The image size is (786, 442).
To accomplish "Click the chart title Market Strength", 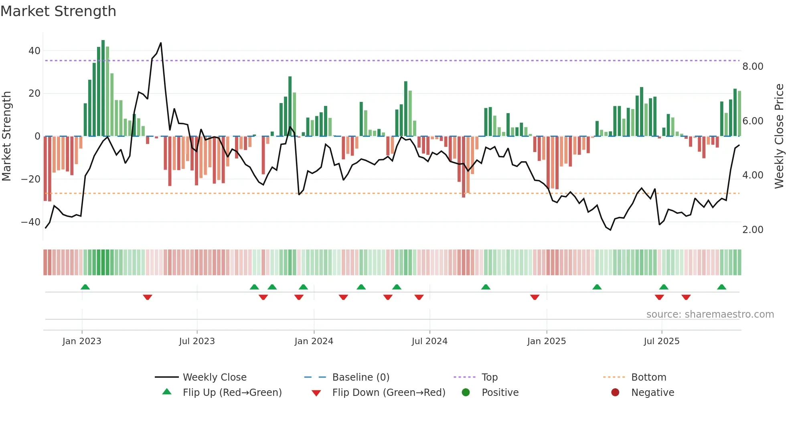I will pos(58,11).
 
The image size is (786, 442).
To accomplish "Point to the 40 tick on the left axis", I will pos(34,51).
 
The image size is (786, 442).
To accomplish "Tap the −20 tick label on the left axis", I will pos(31,179).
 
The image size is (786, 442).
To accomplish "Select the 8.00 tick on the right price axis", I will pos(752,67).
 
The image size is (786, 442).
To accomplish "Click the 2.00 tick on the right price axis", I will pos(752,230).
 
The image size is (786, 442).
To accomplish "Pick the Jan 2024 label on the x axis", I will pos(314,341).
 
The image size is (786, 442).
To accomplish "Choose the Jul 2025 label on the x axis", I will pos(661,341).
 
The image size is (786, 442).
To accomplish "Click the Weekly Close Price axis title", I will pos(779,136).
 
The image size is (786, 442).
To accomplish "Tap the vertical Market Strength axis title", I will pos(6,136).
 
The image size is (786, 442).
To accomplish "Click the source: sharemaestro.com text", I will pos(710,314).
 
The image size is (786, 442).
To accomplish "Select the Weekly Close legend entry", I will pos(215,377).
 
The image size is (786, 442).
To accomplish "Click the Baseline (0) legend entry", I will pos(361,377).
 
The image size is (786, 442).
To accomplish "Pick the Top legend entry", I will pos(489,377).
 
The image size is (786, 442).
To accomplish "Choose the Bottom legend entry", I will pos(648,377).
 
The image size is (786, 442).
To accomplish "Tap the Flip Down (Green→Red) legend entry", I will pos(388,393).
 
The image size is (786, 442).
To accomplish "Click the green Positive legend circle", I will pos(466,393).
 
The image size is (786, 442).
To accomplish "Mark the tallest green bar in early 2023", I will pos(103,88).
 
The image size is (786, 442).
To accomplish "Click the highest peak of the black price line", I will pos(161,43).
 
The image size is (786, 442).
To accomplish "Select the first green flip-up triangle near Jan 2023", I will pos(85,287).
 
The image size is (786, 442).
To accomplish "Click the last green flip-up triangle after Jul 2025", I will pos(721,287).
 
